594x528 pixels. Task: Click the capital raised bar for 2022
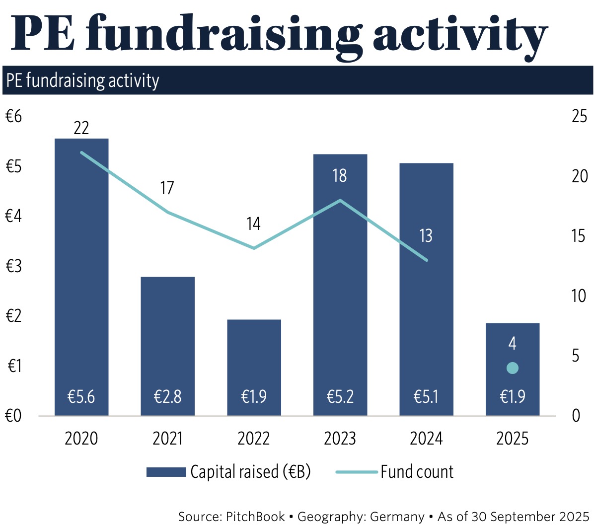pos(254,358)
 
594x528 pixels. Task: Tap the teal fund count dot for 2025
pos(513,368)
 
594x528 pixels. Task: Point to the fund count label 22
pos(81,128)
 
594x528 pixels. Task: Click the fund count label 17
pos(167,188)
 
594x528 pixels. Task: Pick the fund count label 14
pos(253,224)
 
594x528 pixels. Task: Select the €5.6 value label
pos(81,397)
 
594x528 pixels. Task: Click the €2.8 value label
pos(167,397)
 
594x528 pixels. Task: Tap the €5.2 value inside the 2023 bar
pos(340,397)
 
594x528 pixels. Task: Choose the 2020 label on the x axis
pos(81,439)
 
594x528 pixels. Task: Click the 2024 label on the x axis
pos(426,439)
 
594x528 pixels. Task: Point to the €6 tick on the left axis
pos(14,117)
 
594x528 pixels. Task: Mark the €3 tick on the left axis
pos(14,266)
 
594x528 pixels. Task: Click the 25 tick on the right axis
pos(579,117)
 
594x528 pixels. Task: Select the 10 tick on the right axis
pos(579,296)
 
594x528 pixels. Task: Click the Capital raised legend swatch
pos(166,472)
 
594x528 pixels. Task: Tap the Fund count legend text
pos(417,472)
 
